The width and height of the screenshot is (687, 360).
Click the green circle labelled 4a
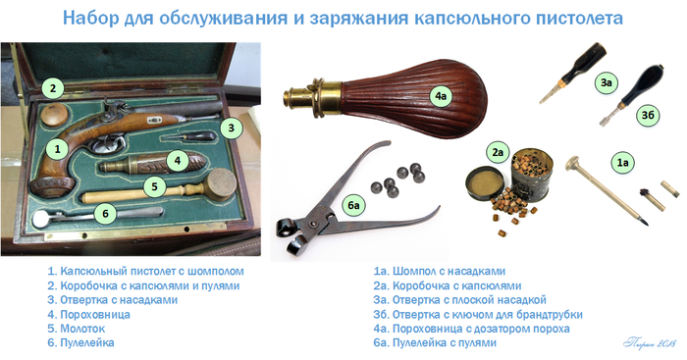click(441, 96)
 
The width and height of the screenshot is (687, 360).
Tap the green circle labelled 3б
click(648, 115)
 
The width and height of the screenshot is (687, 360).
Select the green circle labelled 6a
click(353, 205)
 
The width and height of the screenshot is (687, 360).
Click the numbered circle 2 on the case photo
click(53, 88)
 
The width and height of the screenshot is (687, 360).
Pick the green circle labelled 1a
click(622, 163)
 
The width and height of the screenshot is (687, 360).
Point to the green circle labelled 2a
click(498, 152)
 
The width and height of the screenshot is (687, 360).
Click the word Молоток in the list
click(82, 329)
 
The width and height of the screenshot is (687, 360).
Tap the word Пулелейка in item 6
click(86, 342)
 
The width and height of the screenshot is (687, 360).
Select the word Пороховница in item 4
click(94, 315)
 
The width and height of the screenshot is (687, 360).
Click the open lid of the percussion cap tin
click(485, 183)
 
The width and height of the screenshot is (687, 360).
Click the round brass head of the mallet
click(222, 184)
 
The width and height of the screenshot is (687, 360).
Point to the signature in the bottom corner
click(650, 342)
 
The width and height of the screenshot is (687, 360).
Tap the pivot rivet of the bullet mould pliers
click(312, 224)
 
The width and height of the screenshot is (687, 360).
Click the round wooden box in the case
click(55, 115)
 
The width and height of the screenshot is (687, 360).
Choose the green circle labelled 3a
click(607, 81)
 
